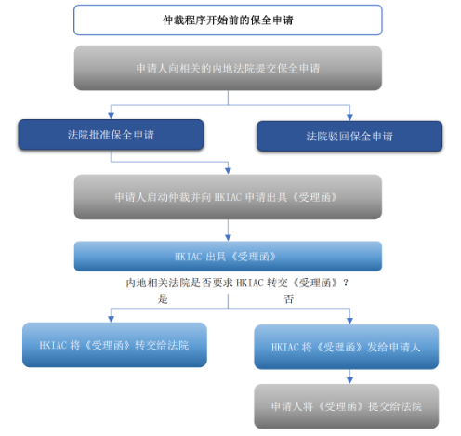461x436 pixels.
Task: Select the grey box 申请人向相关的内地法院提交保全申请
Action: click(x=228, y=68)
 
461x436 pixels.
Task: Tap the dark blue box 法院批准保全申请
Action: click(x=111, y=135)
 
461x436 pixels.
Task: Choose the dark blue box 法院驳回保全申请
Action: click(x=349, y=136)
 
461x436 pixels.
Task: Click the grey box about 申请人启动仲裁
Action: click(x=228, y=197)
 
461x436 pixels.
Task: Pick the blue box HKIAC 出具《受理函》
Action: click(x=228, y=256)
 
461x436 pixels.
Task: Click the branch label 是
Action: click(x=163, y=299)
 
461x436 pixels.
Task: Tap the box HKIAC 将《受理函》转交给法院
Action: click(x=114, y=343)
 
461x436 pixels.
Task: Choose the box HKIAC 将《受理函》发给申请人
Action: click(x=347, y=346)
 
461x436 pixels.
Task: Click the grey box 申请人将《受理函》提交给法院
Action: click(x=346, y=406)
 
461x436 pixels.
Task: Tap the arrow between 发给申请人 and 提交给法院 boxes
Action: click(x=347, y=378)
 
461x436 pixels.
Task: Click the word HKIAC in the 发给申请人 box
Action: click(x=285, y=346)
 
